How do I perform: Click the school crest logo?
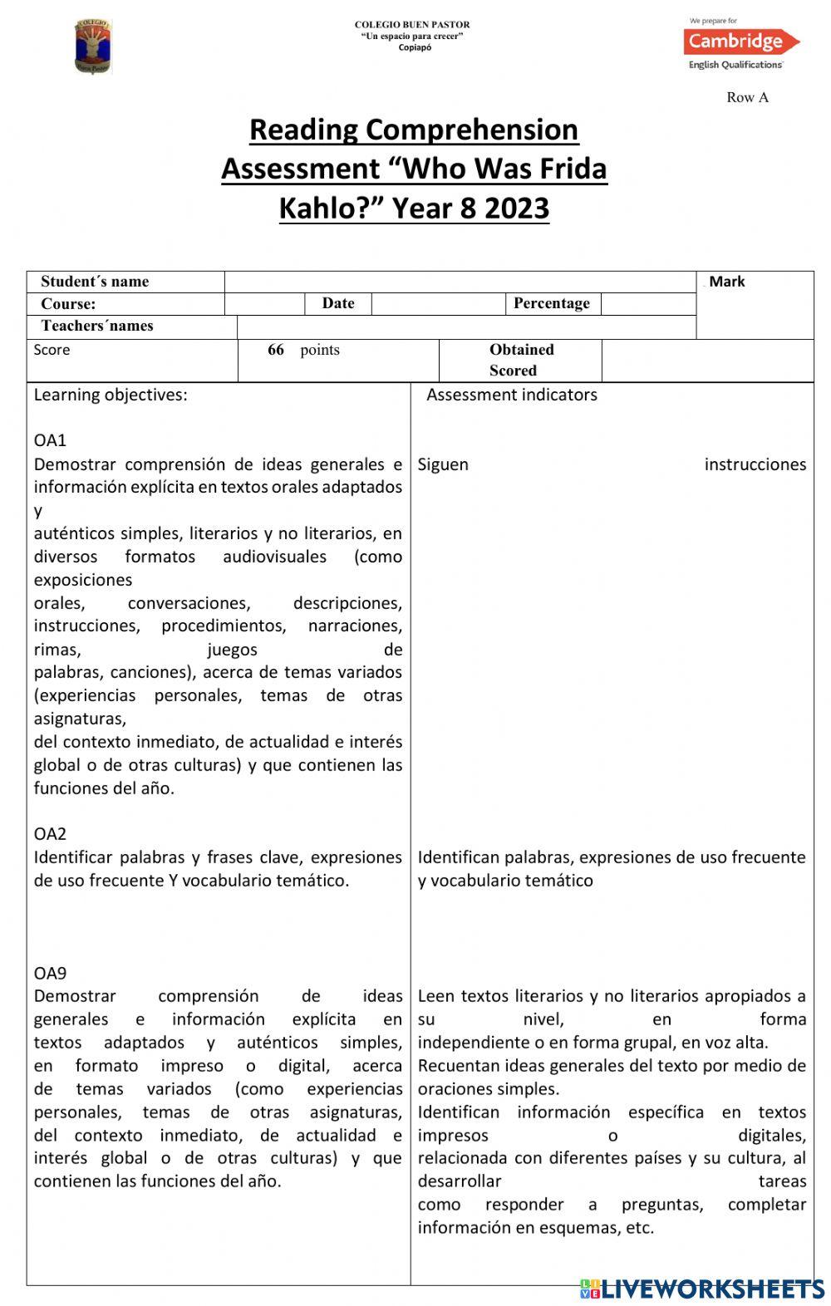92,47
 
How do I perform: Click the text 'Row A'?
747,97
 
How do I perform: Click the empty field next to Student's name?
460,282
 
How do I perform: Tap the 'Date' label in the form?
337,303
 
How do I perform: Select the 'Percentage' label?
551,303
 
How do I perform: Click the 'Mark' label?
726,282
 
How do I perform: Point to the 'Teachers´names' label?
97,326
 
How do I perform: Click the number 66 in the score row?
276,350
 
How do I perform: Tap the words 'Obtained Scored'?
519,360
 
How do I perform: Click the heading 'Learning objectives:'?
111,395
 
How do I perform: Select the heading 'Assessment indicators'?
511,395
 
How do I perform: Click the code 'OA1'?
50,440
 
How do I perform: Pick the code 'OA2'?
50,833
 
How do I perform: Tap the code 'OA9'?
50,973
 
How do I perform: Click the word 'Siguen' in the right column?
443,464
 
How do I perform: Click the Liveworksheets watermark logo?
701,1289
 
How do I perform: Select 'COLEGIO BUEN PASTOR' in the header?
412,25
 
